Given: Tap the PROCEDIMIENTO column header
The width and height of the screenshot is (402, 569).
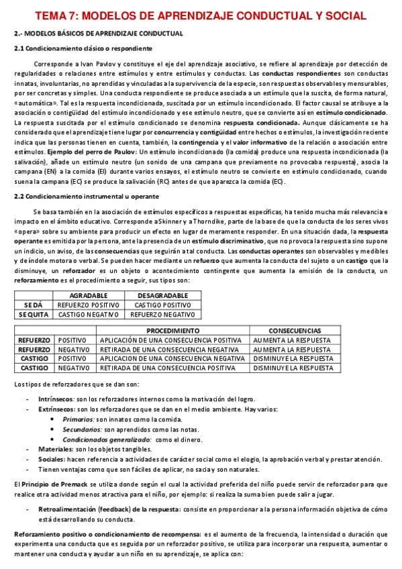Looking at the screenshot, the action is point(172,331).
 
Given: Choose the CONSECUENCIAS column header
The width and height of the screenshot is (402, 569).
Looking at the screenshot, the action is point(295,331).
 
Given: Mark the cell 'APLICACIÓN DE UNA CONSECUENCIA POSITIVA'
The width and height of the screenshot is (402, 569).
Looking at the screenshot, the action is point(170,340).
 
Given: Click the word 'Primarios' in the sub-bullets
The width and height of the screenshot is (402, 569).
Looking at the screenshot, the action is point(79,419).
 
